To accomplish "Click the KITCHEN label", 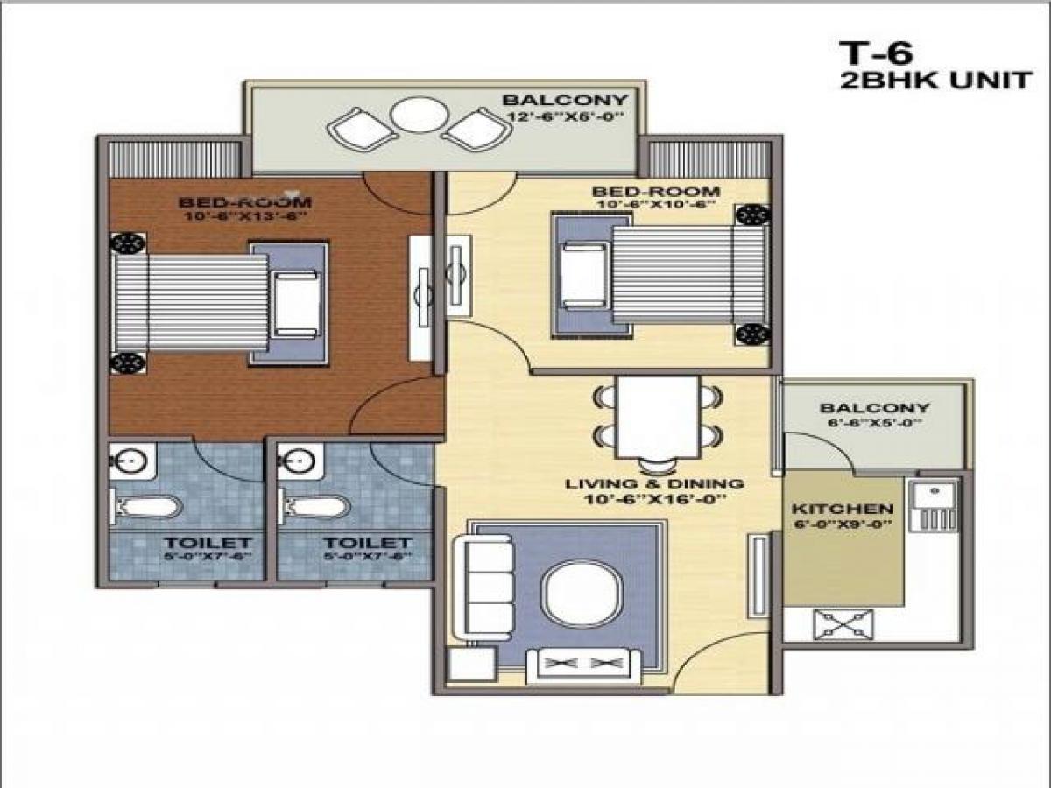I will click(843, 509).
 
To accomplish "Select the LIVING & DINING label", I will click(654, 483).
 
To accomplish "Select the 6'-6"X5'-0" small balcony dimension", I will click(874, 423).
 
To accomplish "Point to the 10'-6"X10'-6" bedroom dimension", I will click(655, 206).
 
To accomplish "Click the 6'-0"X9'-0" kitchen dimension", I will click(843, 524).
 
